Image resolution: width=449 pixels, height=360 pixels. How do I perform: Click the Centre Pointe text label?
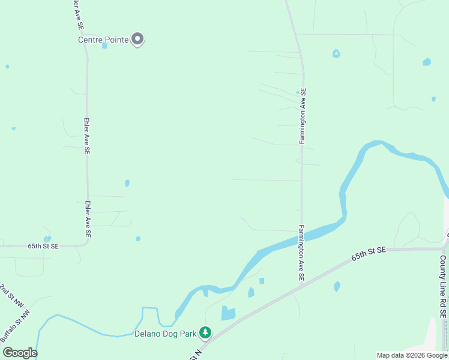103,40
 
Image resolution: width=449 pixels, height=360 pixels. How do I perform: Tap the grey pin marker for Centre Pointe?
137,40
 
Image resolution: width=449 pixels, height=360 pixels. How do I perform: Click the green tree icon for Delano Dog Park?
205,332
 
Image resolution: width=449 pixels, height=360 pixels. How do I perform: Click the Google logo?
20,353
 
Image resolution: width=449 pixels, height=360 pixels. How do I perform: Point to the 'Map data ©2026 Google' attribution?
412,355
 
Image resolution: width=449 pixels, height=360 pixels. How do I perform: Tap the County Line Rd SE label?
443,286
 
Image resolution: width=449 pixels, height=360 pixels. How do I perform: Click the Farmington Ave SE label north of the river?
303,116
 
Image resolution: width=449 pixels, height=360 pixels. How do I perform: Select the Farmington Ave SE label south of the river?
301,254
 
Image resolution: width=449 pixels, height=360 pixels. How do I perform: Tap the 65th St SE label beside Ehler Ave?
43,246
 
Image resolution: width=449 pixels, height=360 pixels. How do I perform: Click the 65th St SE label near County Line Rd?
367,255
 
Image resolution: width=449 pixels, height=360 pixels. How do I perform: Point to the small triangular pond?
336,53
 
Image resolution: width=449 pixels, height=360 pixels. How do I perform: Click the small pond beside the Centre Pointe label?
105,45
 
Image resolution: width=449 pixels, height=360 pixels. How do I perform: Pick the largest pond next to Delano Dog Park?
228,313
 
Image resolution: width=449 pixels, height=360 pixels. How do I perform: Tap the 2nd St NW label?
7,292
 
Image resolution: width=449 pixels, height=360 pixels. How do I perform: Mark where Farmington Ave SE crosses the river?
301,235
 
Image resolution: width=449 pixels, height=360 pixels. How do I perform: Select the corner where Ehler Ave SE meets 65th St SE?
88,245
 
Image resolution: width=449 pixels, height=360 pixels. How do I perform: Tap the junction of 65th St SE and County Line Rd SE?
444,247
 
